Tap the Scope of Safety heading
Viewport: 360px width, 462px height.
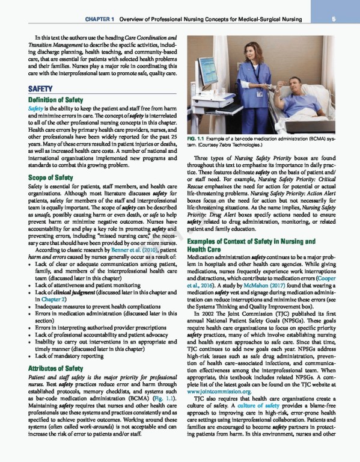pyautogui.click(x=50, y=178)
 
